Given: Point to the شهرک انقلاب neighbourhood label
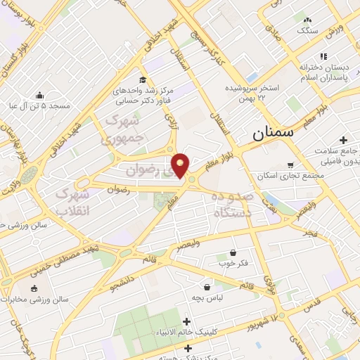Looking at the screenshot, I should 73,201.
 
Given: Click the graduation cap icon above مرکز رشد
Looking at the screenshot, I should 143,79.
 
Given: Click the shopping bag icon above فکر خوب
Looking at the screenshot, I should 233,252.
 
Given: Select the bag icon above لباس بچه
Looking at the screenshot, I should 207,287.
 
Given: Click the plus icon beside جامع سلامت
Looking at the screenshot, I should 343,140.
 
